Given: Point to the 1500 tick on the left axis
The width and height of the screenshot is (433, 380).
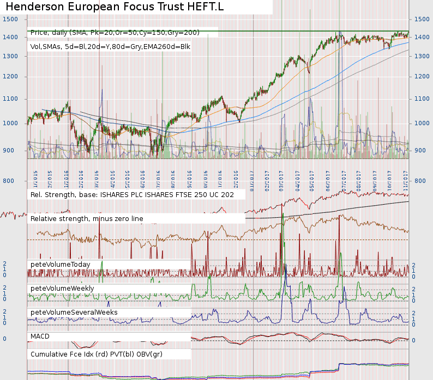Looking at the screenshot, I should click(x=10, y=19).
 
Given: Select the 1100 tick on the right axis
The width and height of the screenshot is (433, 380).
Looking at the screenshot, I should click(x=423, y=99).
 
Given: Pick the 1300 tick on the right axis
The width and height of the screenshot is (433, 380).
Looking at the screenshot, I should click(x=423, y=56).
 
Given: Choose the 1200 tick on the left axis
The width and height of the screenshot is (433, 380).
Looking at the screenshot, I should click(x=10, y=76).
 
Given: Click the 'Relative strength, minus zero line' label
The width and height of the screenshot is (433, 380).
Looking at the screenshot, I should click(x=87, y=218).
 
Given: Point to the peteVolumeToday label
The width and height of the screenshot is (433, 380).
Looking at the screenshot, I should click(x=60, y=264).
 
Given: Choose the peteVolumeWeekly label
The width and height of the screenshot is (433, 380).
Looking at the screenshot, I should click(x=62, y=288).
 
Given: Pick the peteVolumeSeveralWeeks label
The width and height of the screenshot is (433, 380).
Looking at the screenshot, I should click(x=74, y=312).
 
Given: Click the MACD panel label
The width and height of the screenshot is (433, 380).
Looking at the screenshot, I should click(x=40, y=336).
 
